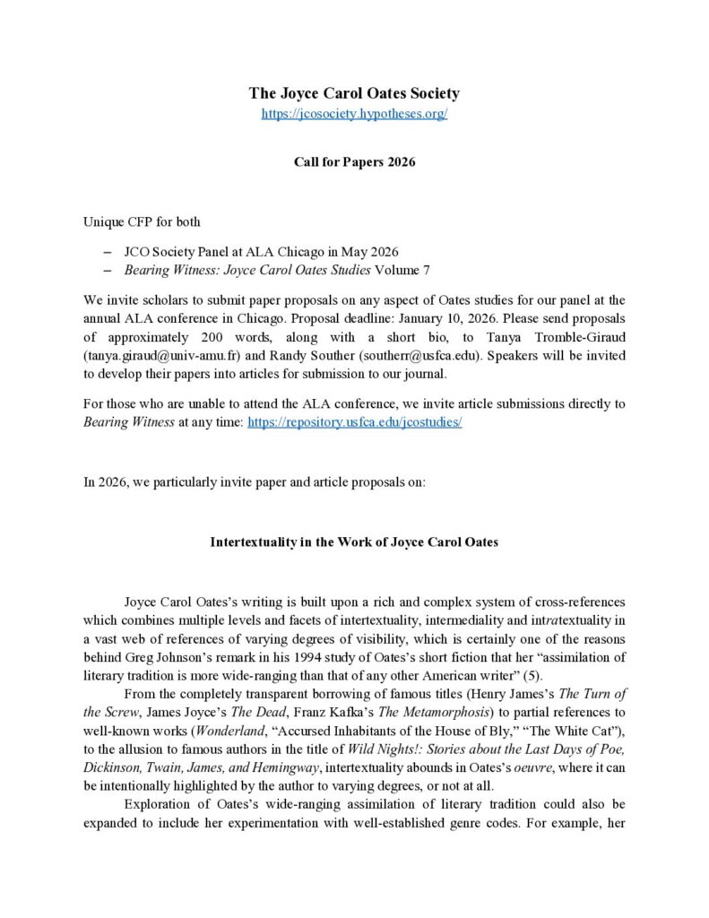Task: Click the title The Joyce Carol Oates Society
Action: (x=354, y=93)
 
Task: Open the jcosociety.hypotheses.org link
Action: (x=354, y=115)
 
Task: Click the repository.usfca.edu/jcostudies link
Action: (x=376, y=421)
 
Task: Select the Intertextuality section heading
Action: (x=354, y=541)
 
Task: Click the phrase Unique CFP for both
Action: (x=142, y=221)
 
